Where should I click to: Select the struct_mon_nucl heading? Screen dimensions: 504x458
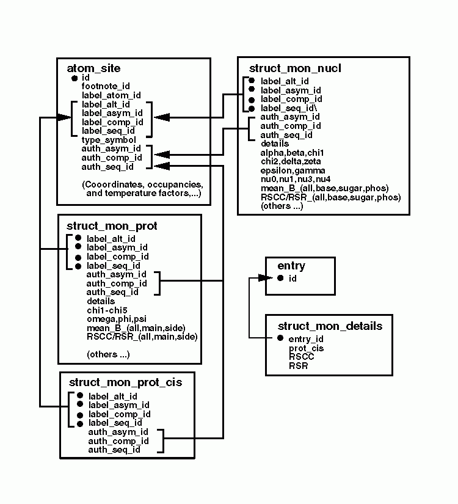pos(295,68)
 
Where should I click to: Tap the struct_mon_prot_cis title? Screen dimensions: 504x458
pos(125,382)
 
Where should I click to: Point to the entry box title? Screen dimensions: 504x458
pos(291,266)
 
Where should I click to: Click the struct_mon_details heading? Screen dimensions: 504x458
pos(330,326)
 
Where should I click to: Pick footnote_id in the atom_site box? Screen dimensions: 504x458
pos(106,86)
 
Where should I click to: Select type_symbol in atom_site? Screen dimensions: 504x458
pos(109,140)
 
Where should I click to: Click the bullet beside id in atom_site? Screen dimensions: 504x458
pos(74,78)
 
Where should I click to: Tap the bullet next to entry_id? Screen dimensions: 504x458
pos(280,338)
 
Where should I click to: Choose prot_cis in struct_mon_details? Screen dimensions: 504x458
pos(306,348)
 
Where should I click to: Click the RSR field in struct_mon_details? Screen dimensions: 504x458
pos(299,367)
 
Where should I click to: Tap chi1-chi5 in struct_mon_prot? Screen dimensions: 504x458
pos(107,310)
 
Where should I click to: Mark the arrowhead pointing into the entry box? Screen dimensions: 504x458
pos(263,278)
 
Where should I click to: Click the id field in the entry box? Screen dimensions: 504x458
pos(293,279)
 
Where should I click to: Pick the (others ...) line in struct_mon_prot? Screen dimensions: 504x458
pos(108,354)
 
